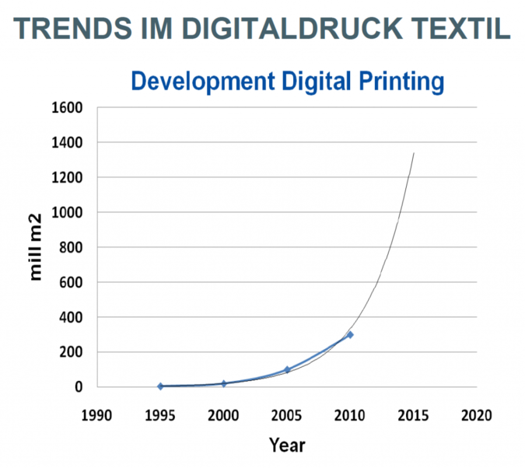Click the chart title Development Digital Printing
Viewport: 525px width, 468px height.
(287, 81)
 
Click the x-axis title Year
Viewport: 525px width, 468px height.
(287, 445)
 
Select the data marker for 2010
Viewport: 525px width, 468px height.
(350, 334)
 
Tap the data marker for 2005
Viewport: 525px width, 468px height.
(287, 370)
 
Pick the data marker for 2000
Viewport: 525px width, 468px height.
(224, 383)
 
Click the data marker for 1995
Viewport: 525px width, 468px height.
(160, 386)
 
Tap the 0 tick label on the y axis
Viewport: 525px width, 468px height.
(79, 387)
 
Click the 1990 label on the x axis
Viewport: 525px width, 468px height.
(97, 416)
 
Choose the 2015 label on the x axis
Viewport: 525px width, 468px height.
(413, 416)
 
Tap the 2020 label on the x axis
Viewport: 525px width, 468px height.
(476, 416)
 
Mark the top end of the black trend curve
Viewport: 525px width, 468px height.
(414, 153)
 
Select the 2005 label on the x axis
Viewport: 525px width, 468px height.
(287, 416)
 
